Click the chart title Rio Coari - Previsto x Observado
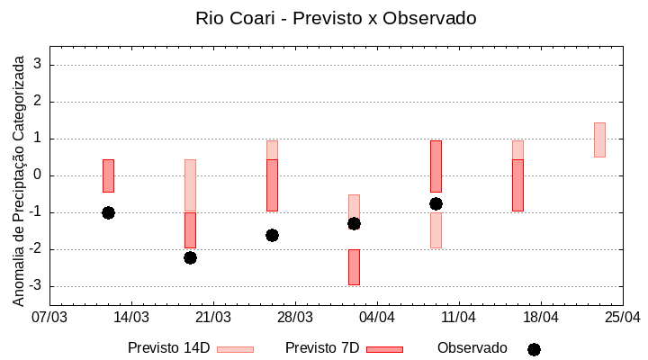[336, 18]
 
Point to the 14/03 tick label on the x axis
[131, 317]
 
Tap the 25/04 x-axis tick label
[622, 317]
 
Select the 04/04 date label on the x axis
[377, 317]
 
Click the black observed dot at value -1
[108, 212]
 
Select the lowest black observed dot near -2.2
[190, 257]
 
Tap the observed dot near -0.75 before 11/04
[436, 203]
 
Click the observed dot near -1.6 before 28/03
[272, 235]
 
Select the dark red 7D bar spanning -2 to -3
[354, 267]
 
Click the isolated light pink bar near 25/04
[599, 139]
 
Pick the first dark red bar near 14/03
[108, 175]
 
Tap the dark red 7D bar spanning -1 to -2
[190, 230]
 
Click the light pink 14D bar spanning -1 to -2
[436, 230]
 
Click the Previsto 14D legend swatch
[235, 349]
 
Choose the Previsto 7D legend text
[322, 348]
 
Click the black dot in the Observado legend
[534, 349]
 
